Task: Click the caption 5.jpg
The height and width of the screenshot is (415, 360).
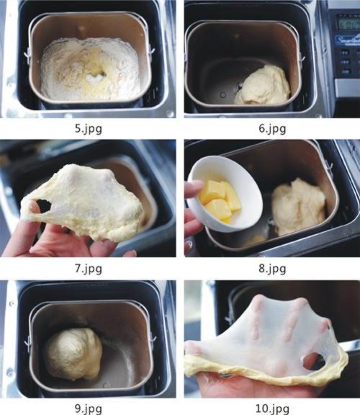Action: coord(89,129)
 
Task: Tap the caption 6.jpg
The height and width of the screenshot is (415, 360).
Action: coord(272,129)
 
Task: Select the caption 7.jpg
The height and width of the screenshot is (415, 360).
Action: coord(89,269)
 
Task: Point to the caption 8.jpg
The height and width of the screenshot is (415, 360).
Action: coord(272,269)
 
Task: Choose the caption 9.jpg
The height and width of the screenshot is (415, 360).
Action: coord(89,409)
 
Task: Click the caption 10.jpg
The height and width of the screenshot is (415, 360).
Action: coord(272,409)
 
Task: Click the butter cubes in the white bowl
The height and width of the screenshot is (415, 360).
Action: coord(220,201)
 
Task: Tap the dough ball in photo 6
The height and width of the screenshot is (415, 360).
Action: coord(263,85)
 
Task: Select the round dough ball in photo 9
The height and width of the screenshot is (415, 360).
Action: coord(72,354)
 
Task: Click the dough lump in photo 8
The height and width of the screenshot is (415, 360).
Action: coord(298,207)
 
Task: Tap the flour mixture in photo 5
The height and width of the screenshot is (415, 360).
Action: coord(90,69)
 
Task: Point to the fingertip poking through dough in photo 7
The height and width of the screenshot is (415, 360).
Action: coord(33,206)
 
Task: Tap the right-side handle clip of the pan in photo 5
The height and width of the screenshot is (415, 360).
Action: coord(151,50)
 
